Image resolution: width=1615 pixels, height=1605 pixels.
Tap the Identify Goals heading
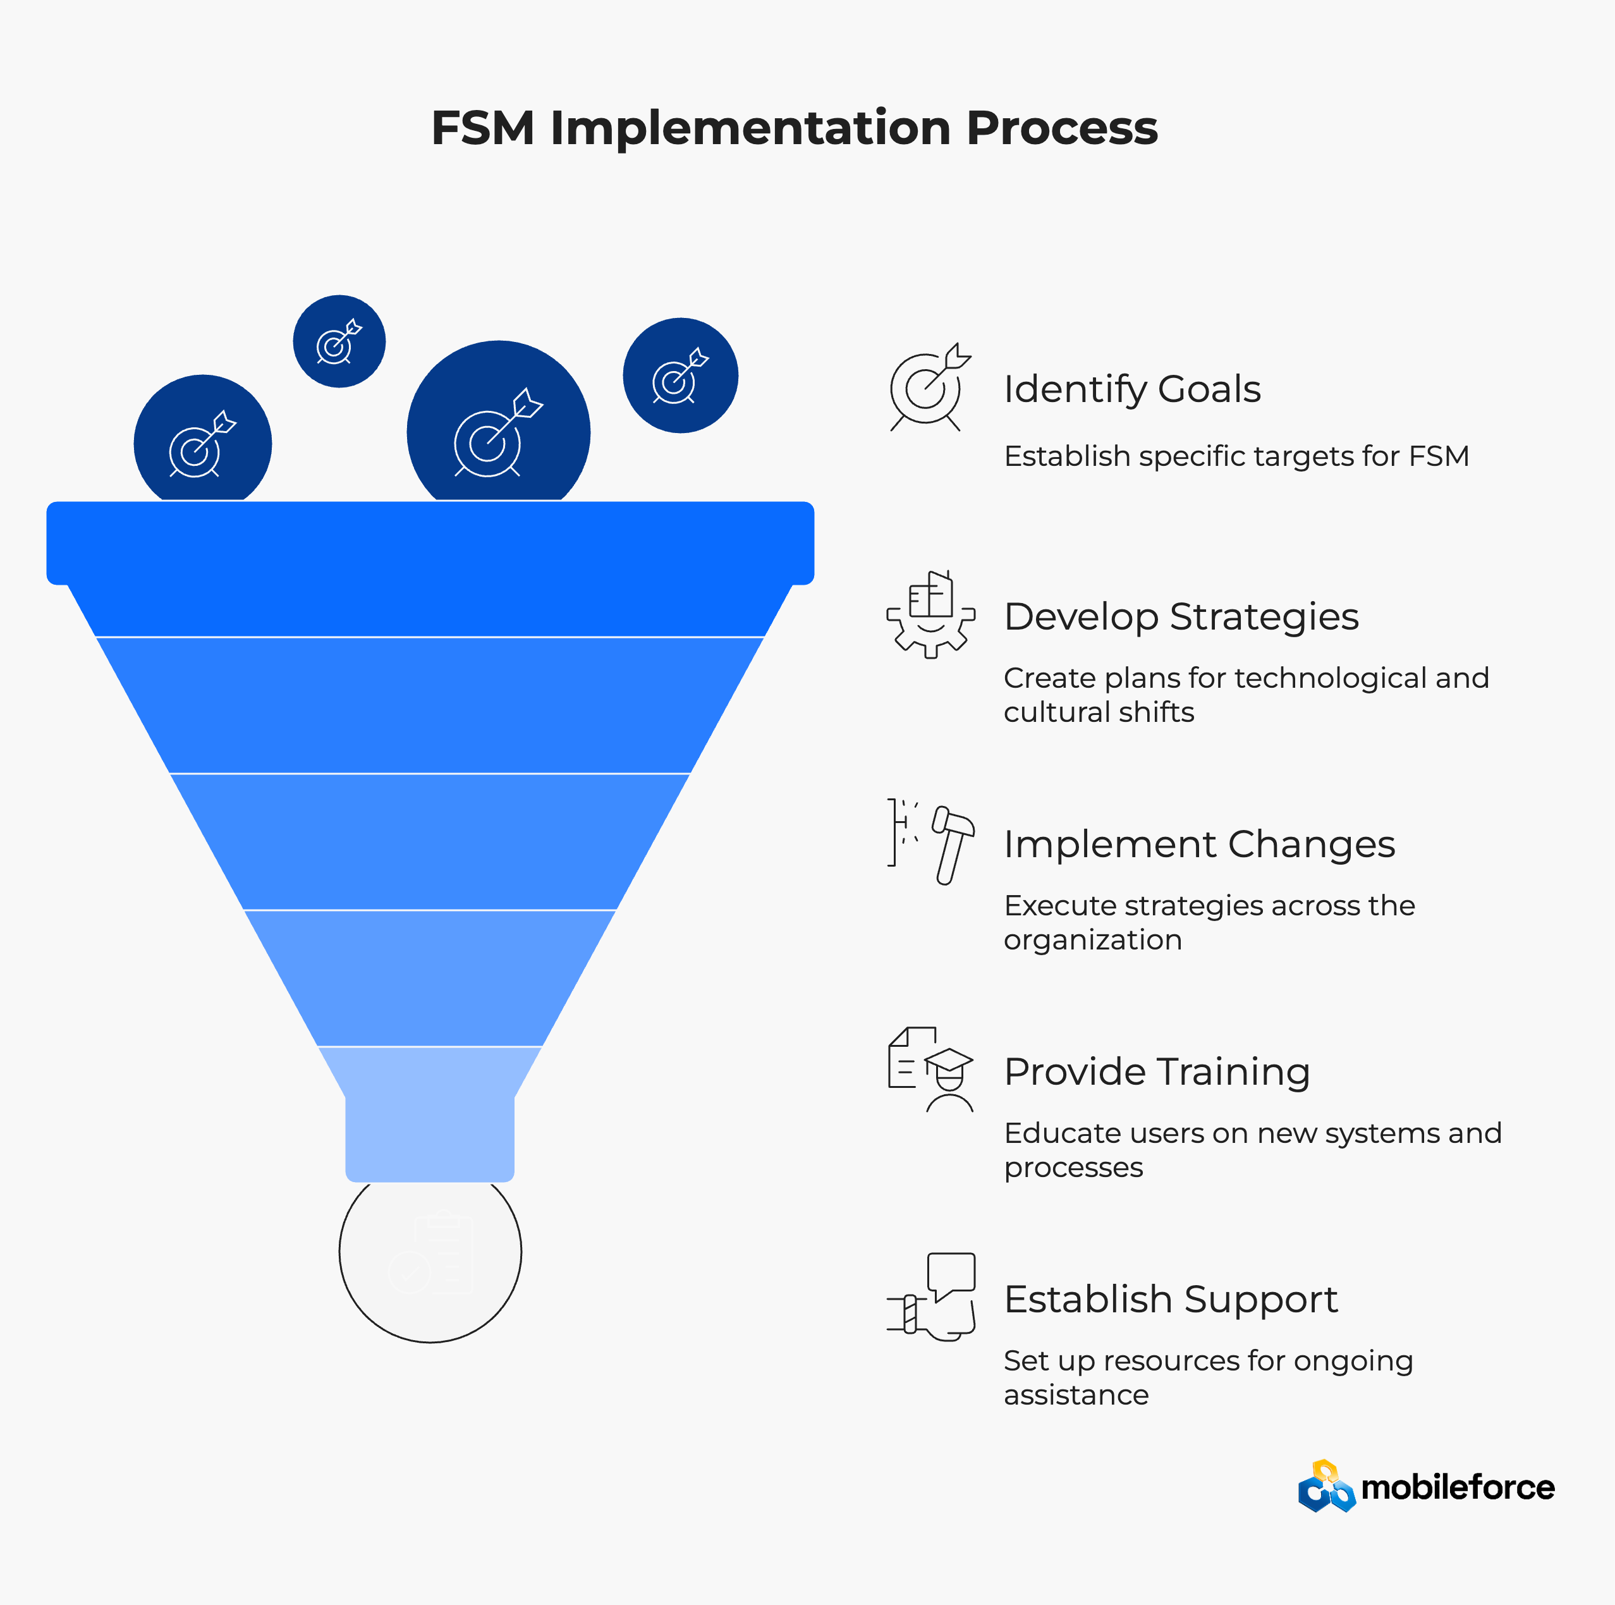1132,389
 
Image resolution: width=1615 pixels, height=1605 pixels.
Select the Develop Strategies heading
1181,618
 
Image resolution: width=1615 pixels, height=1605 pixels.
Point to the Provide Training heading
1157,1073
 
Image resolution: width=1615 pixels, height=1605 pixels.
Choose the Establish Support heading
1170,1300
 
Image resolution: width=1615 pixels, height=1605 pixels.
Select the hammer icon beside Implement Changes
954,845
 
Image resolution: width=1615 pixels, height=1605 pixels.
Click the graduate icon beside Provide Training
949,1081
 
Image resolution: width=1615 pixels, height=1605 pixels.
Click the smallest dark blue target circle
339,341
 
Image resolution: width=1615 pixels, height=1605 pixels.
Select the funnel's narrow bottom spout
430,1137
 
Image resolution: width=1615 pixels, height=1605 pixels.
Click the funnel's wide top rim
430,542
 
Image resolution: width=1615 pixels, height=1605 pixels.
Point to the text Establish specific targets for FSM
1236,457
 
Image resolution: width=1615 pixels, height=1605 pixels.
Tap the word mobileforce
1458,1488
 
